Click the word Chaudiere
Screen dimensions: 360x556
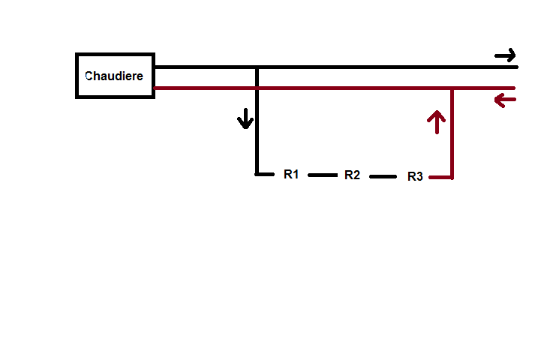[x=114, y=76]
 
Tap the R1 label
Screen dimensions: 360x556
[x=292, y=175]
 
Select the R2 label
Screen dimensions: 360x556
[x=353, y=175]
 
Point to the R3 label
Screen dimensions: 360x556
[x=415, y=177]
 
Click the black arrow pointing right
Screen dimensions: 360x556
[x=506, y=55]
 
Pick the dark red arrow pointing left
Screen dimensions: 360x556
[x=505, y=100]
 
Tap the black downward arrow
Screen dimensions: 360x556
[x=245, y=118]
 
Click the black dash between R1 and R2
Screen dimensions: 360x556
[x=323, y=175]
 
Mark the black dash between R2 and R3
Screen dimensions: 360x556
[x=382, y=177]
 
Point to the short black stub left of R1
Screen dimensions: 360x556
[x=264, y=174]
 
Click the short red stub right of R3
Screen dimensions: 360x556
[x=441, y=178]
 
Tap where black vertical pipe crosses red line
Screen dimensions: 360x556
[x=257, y=88]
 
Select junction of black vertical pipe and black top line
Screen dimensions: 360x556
[x=257, y=67]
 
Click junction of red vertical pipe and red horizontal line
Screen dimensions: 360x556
[x=452, y=88]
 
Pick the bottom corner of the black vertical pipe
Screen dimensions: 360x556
[x=257, y=174]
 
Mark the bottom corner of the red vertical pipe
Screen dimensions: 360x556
[x=452, y=178]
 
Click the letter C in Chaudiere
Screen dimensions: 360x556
[x=89, y=76]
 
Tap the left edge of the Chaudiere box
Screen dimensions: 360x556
[x=77, y=76]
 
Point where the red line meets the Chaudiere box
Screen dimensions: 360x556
[x=154, y=88]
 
